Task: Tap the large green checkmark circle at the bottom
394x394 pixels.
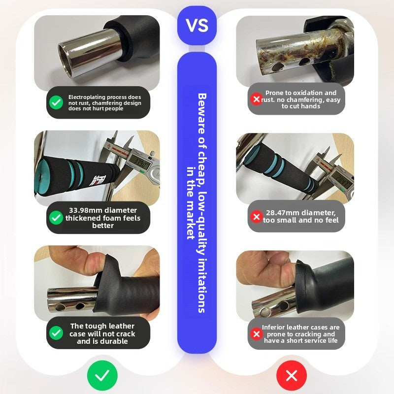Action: point(102,376)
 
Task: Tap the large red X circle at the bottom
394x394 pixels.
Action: point(292,376)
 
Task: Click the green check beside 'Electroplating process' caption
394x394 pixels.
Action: point(56,102)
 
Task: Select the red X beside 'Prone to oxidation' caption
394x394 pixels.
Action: point(256,99)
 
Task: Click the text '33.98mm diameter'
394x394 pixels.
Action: point(102,210)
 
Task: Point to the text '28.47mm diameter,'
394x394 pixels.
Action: point(300,212)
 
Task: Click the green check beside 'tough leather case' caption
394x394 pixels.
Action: point(56,333)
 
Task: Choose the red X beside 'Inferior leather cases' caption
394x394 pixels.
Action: point(256,334)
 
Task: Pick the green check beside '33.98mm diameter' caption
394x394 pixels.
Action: point(56,218)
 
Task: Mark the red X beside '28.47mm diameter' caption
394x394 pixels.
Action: point(256,216)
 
